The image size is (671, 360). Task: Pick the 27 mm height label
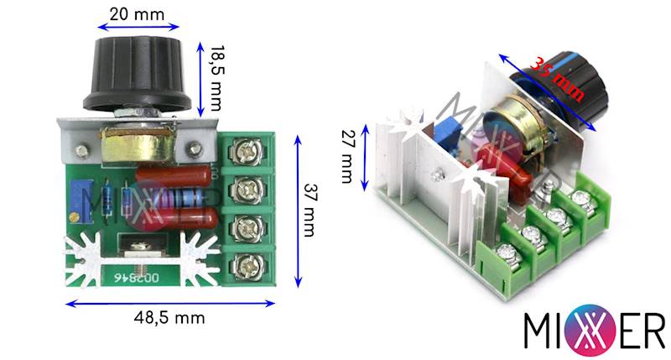346,156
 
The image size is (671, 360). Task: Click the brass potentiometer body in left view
137,143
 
